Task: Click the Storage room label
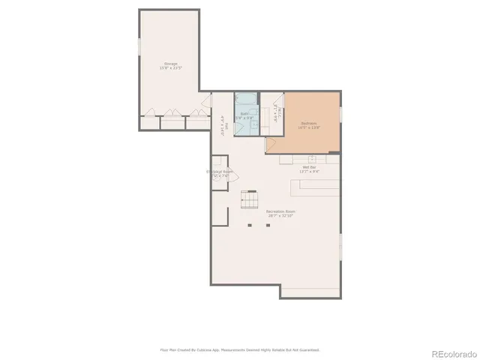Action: (x=170, y=63)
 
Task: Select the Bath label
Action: (x=244, y=113)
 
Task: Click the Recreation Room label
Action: (x=280, y=211)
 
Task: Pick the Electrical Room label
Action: (x=219, y=172)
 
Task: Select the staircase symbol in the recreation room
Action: (x=249, y=200)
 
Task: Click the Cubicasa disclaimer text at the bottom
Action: (x=240, y=349)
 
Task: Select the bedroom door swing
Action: (x=271, y=145)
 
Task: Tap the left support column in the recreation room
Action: (x=250, y=224)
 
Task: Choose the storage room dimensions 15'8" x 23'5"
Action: (x=170, y=68)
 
